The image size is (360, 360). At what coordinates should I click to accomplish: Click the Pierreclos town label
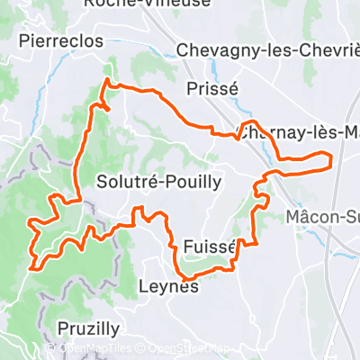(x=60, y=41)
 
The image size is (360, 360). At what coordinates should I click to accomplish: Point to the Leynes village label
(x=168, y=288)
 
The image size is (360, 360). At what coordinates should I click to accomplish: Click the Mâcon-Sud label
(x=321, y=217)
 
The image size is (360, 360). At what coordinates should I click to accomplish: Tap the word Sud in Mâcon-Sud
(x=346, y=217)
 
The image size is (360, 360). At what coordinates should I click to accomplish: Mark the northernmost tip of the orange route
(x=107, y=80)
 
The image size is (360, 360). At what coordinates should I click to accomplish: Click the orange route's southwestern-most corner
(x=33, y=266)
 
